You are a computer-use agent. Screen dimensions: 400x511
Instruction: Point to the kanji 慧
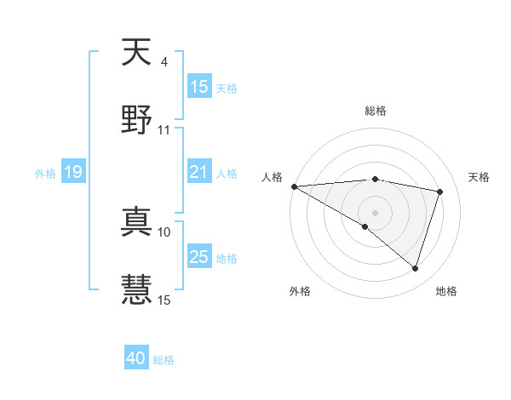click(136, 287)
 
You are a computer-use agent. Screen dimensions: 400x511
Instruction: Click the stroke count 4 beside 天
click(164, 62)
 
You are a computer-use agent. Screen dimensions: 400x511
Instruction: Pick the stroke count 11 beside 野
click(164, 130)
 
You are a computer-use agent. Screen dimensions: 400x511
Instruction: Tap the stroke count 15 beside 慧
click(164, 299)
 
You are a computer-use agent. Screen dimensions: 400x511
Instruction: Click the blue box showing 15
click(199, 87)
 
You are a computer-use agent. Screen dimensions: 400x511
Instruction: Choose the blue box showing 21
click(199, 172)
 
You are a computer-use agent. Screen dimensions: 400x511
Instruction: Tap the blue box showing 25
click(199, 257)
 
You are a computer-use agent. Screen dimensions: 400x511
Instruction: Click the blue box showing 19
click(73, 173)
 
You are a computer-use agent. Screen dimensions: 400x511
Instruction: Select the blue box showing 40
click(136, 359)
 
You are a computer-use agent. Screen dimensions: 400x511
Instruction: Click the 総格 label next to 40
click(164, 360)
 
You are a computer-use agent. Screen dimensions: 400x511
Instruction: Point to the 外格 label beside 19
click(45, 174)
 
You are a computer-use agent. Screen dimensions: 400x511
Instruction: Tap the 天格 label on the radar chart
click(479, 177)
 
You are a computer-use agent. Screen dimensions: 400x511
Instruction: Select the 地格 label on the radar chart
click(446, 291)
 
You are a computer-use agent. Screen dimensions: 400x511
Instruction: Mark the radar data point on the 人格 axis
click(294, 186)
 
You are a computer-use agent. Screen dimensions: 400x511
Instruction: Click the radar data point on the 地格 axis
click(415, 269)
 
